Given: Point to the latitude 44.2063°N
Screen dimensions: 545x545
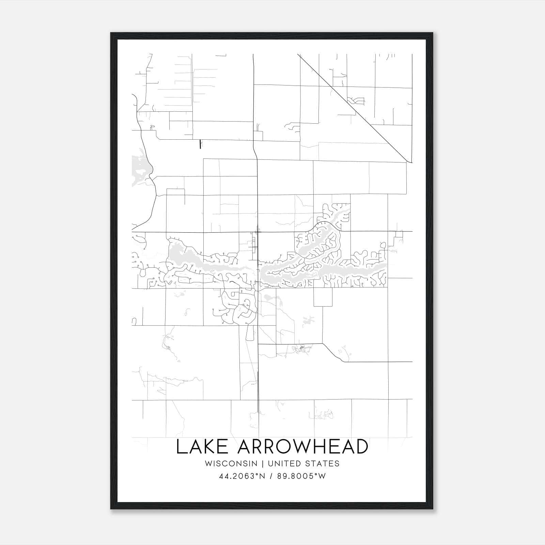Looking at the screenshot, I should click(242, 476).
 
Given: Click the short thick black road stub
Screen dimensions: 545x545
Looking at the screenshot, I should click(200, 144).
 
